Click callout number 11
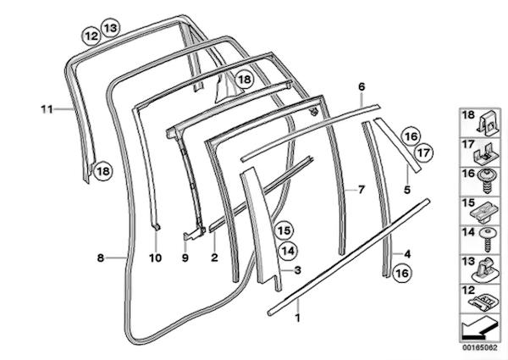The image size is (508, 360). (x=47, y=109)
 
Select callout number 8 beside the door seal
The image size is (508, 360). (x=101, y=258)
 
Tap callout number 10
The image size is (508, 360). (x=156, y=258)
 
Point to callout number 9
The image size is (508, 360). (x=185, y=258)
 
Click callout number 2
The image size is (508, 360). (x=214, y=258)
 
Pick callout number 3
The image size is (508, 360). (x=298, y=270)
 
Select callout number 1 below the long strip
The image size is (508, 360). (x=298, y=318)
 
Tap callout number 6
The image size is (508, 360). (x=362, y=87)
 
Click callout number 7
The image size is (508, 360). (x=362, y=189)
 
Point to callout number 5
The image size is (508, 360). (x=407, y=190)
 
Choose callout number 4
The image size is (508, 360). (x=407, y=254)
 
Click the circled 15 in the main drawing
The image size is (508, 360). (x=284, y=230)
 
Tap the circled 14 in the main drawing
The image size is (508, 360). (x=288, y=251)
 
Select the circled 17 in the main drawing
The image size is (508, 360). (x=423, y=152)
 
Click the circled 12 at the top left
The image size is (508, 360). (x=91, y=36)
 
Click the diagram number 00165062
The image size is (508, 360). (x=479, y=347)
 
